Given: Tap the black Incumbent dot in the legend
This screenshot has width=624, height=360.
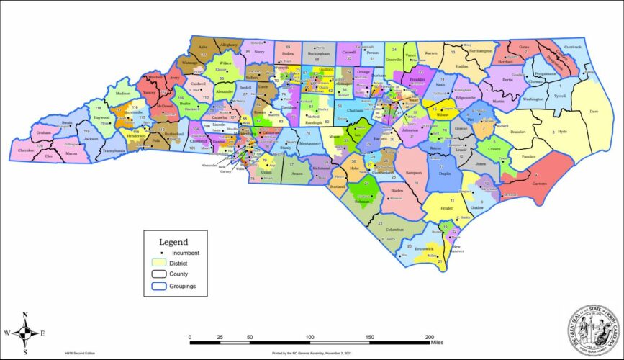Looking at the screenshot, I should tap(163, 253).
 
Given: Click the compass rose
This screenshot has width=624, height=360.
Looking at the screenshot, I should tap(25, 333).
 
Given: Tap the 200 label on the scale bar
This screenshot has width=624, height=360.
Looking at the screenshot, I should tap(430, 337).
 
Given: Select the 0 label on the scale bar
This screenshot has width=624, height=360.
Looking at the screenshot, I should tap(190, 337).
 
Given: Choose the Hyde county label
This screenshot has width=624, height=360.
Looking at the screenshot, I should tap(562, 132).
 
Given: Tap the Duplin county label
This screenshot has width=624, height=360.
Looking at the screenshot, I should tap(445, 174).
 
